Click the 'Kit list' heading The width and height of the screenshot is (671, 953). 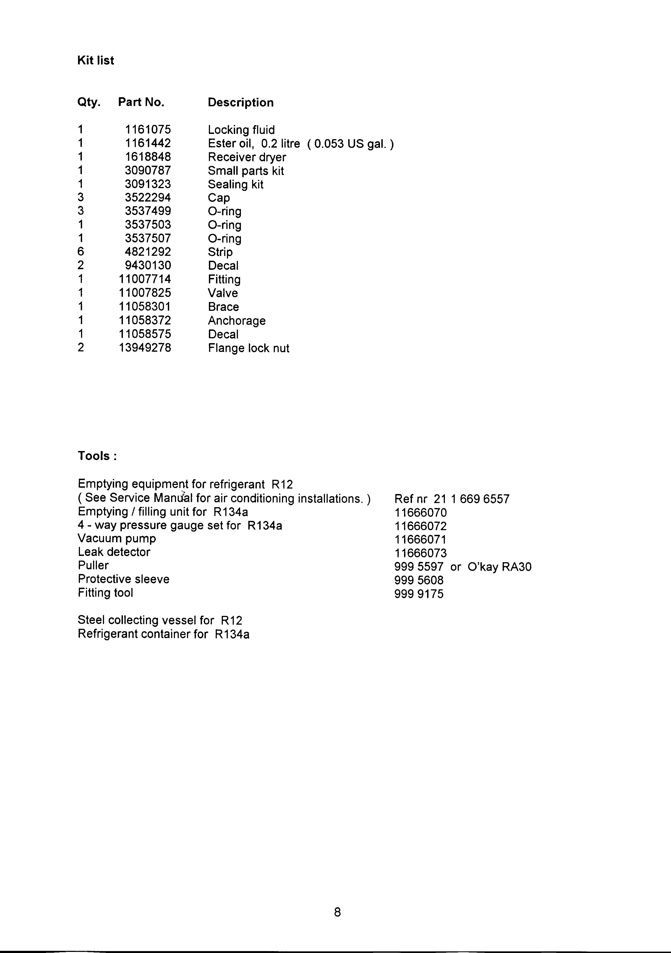(96, 61)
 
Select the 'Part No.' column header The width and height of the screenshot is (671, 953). (141, 102)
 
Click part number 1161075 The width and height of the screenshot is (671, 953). (148, 130)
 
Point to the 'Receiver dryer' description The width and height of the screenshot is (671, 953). (247, 157)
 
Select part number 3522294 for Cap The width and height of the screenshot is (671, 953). (148, 197)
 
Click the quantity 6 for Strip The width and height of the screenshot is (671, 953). (81, 252)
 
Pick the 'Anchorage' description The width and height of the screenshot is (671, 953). (237, 320)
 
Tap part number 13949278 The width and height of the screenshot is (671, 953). (145, 348)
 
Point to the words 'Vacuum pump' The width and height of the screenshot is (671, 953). (117, 538)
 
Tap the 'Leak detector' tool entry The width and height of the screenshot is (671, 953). (114, 552)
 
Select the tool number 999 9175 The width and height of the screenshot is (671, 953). (419, 594)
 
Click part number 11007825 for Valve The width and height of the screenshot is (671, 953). (145, 293)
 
